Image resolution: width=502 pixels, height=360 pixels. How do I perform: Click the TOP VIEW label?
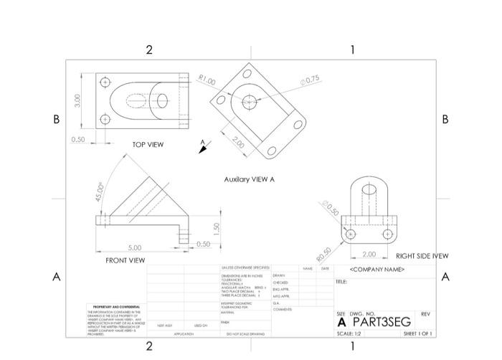point(148,145)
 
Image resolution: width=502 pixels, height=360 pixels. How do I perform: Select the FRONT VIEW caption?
point(125,260)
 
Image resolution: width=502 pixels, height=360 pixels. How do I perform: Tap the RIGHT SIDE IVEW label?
point(422,256)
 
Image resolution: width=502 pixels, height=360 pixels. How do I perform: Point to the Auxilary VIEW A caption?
point(249,179)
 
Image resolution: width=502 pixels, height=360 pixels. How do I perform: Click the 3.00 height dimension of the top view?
point(77,100)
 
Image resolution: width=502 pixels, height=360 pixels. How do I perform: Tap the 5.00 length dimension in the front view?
point(135,247)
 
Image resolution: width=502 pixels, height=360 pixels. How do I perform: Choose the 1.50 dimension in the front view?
point(215,227)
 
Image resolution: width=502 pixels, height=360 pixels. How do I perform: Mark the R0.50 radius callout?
point(326,253)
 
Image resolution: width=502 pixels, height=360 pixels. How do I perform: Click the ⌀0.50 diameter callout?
point(331,210)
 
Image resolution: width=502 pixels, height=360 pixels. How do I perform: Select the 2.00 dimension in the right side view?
point(369,254)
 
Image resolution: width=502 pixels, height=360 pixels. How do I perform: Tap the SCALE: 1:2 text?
point(349,333)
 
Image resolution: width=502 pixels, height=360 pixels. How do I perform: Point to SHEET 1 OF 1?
point(417,333)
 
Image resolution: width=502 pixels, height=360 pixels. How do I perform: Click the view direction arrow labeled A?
point(204,147)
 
